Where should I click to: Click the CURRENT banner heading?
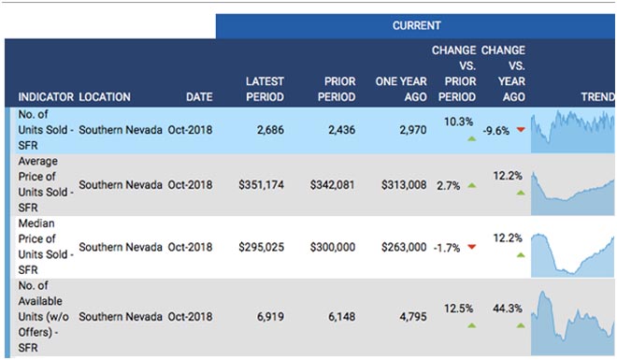click(416, 25)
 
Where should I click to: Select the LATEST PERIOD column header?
click(265, 90)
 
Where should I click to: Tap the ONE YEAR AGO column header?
click(401, 90)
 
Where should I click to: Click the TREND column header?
click(598, 97)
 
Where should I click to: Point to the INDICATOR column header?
click(46, 97)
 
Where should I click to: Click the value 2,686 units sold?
click(270, 130)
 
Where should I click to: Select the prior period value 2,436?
click(341, 130)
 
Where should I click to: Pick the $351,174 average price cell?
click(261, 185)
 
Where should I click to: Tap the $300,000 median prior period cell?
click(333, 247)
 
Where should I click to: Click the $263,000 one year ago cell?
click(404, 247)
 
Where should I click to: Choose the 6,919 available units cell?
click(270, 317)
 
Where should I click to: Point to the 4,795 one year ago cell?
click(413, 317)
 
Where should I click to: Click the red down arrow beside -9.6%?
click(521, 129)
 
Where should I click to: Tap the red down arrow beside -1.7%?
click(472, 247)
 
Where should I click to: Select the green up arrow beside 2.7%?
click(472, 185)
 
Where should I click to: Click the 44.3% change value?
click(508, 309)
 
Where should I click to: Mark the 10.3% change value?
click(458, 122)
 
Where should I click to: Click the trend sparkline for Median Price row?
click(572, 255)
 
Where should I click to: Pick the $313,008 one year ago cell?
click(404, 185)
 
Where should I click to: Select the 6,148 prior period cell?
click(341, 317)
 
